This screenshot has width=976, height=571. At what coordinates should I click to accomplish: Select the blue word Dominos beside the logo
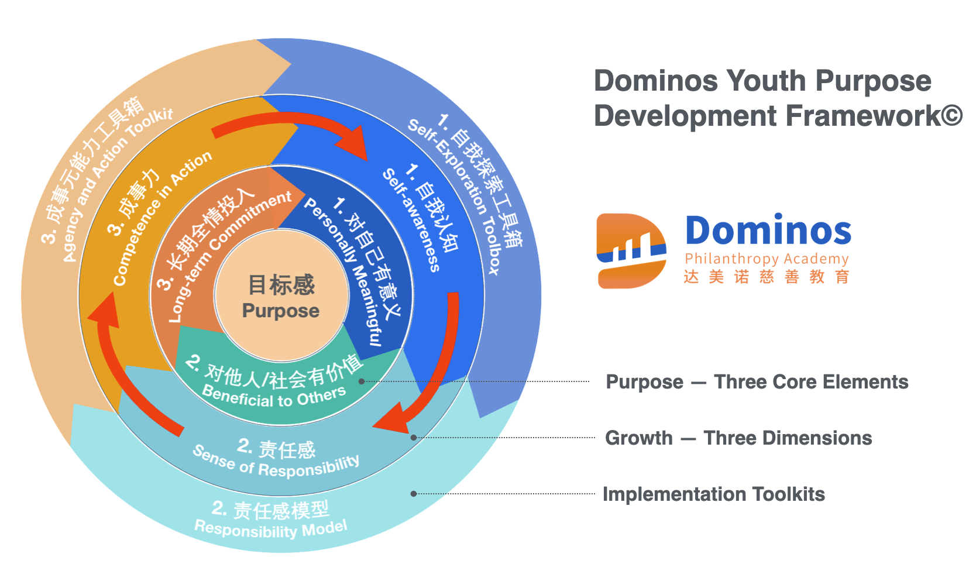pyautogui.click(x=768, y=231)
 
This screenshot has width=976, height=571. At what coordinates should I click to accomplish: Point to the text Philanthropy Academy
pyautogui.click(x=767, y=259)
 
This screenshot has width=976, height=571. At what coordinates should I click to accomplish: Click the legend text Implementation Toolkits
pyautogui.click(x=714, y=494)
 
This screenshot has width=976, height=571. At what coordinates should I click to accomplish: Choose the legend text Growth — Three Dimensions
pyautogui.click(x=738, y=438)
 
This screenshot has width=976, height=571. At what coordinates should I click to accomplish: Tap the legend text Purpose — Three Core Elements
pyautogui.click(x=757, y=382)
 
